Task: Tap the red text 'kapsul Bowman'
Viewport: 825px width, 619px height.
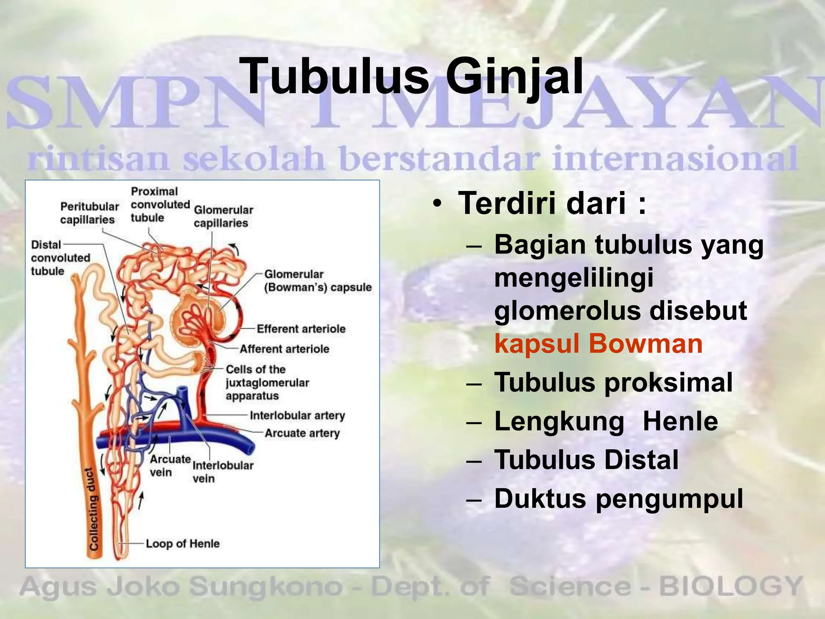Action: click(598, 344)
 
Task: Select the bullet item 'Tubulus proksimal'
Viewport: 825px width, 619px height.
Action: click(613, 382)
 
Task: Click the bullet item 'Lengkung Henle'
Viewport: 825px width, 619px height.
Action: click(606, 422)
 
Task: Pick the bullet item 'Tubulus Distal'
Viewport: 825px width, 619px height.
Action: click(586, 460)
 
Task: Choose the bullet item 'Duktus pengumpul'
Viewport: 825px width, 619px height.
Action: click(618, 499)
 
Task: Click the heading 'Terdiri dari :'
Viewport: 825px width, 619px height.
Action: click(552, 204)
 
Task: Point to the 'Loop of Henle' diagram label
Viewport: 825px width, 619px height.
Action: click(182, 544)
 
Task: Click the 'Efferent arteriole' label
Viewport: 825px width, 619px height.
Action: click(301, 329)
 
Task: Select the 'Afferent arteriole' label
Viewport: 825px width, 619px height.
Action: click(284, 349)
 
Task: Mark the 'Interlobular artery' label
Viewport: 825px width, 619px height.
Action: click(297, 415)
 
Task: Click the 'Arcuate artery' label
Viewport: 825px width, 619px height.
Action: click(302, 433)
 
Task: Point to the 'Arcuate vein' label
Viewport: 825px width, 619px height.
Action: click(170, 465)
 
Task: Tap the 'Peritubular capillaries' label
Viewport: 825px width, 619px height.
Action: click(89, 213)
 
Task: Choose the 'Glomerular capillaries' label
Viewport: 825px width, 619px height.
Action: click(223, 216)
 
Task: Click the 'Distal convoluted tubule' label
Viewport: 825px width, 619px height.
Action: click(60, 258)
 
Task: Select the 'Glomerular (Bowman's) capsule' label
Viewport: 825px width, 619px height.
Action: click(317, 281)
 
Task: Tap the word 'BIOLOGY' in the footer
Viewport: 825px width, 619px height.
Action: click(731, 587)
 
